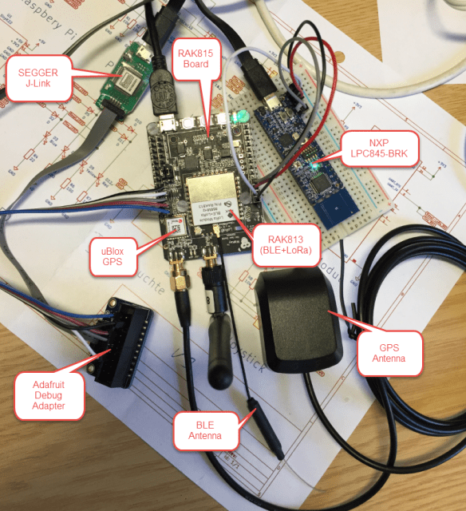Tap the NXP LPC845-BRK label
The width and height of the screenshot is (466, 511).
point(377,149)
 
